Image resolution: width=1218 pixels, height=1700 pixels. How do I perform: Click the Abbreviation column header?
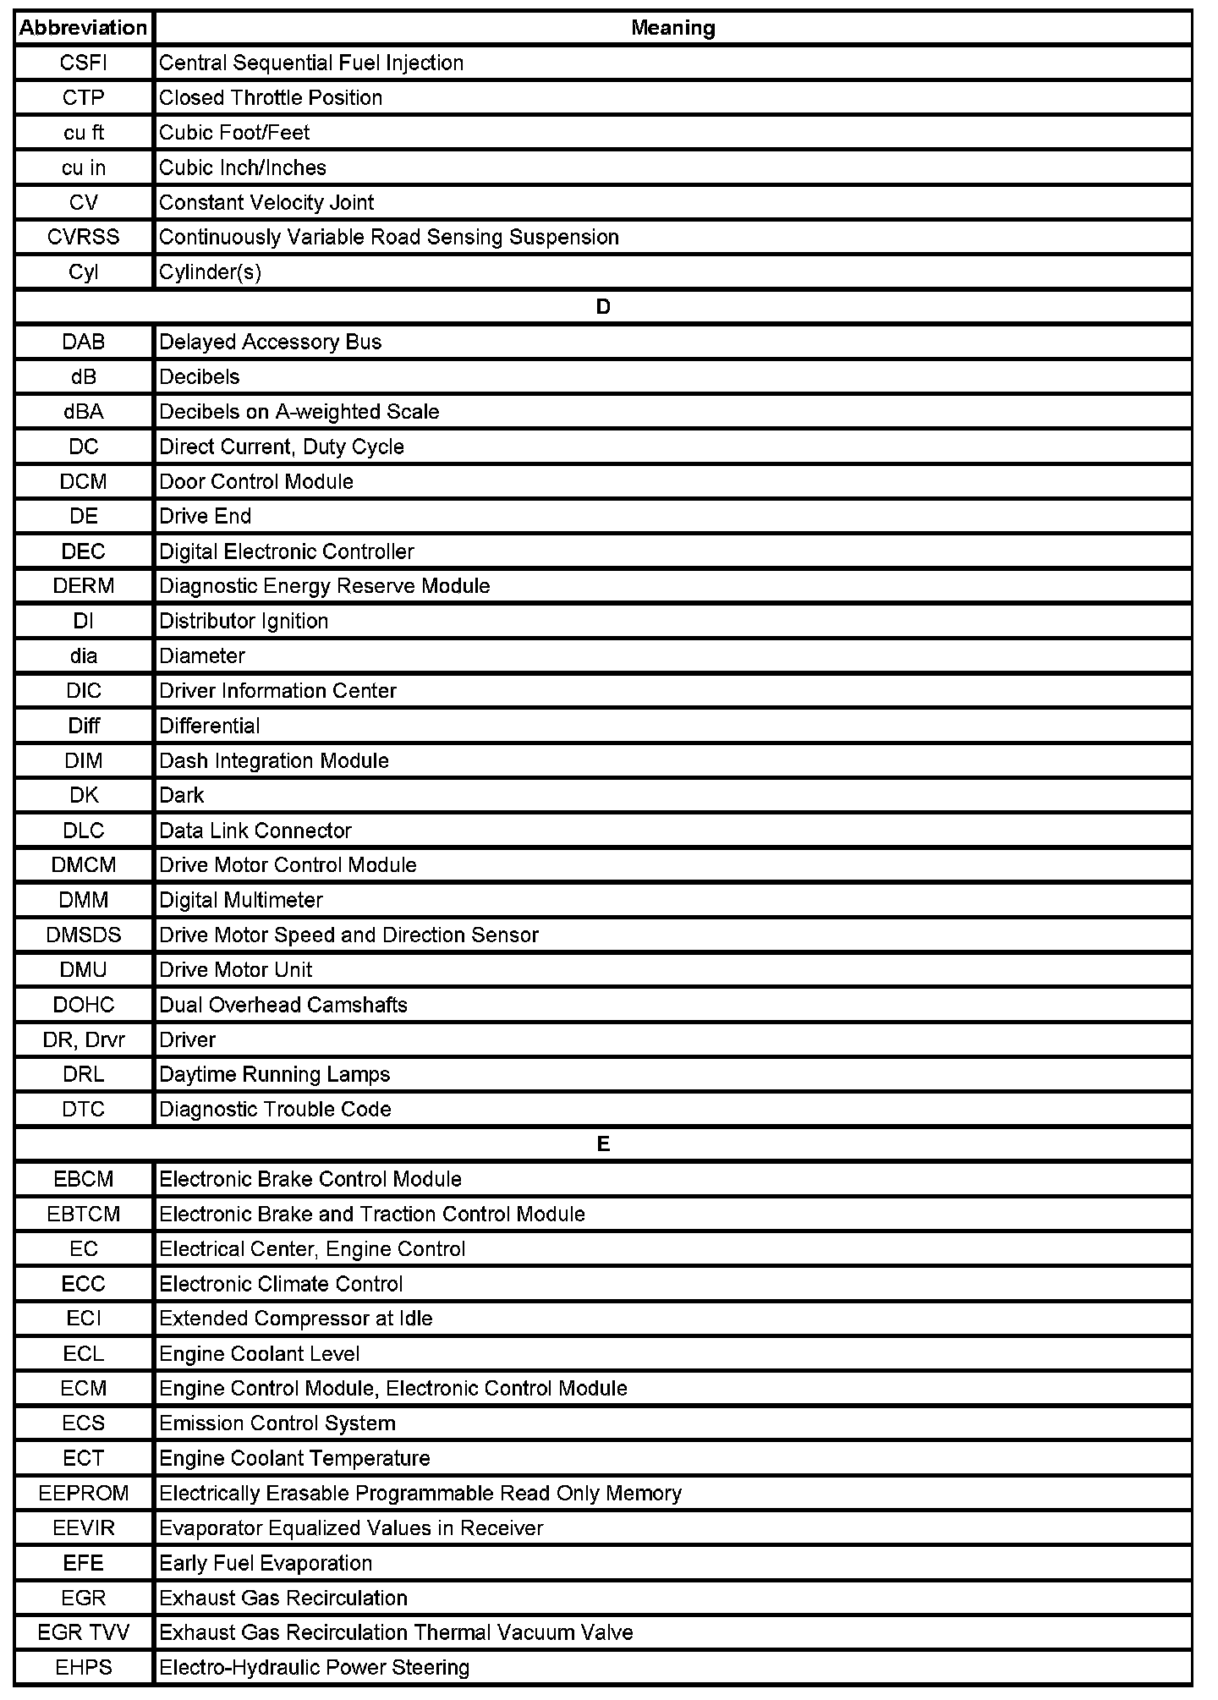(83, 28)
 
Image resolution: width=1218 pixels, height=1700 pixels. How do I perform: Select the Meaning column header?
(672, 28)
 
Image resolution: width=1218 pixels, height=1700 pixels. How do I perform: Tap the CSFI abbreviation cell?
(83, 63)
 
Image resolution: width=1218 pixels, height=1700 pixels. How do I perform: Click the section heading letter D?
(602, 307)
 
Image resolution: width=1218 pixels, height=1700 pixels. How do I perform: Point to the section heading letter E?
(602, 1144)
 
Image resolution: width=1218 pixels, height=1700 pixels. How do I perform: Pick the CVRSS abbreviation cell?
(83, 238)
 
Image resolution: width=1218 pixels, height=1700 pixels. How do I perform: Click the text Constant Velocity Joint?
(266, 203)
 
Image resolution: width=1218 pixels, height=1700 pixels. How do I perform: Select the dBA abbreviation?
(83, 412)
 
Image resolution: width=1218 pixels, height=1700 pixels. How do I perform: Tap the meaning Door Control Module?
(256, 482)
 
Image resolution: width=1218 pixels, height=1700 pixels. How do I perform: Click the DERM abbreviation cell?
(83, 586)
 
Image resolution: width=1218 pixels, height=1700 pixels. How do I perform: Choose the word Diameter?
(202, 656)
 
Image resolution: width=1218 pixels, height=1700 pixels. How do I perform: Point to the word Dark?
(182, 796)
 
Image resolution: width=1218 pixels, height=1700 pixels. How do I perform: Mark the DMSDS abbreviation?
(83, 935)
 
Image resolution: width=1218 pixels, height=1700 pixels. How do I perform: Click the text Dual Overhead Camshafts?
(283, 1005)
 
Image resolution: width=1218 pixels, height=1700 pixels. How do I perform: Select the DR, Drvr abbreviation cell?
(83, 1040)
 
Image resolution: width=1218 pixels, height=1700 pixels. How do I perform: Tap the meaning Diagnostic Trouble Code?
(275, 1110)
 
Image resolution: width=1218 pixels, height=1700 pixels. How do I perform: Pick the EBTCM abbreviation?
(83, 1215)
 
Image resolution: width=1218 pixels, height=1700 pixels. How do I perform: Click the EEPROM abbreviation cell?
(83, 1494)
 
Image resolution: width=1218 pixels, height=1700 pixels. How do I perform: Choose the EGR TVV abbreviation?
(83, 1633)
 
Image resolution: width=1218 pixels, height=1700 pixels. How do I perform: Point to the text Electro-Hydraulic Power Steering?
(314, 1668)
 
